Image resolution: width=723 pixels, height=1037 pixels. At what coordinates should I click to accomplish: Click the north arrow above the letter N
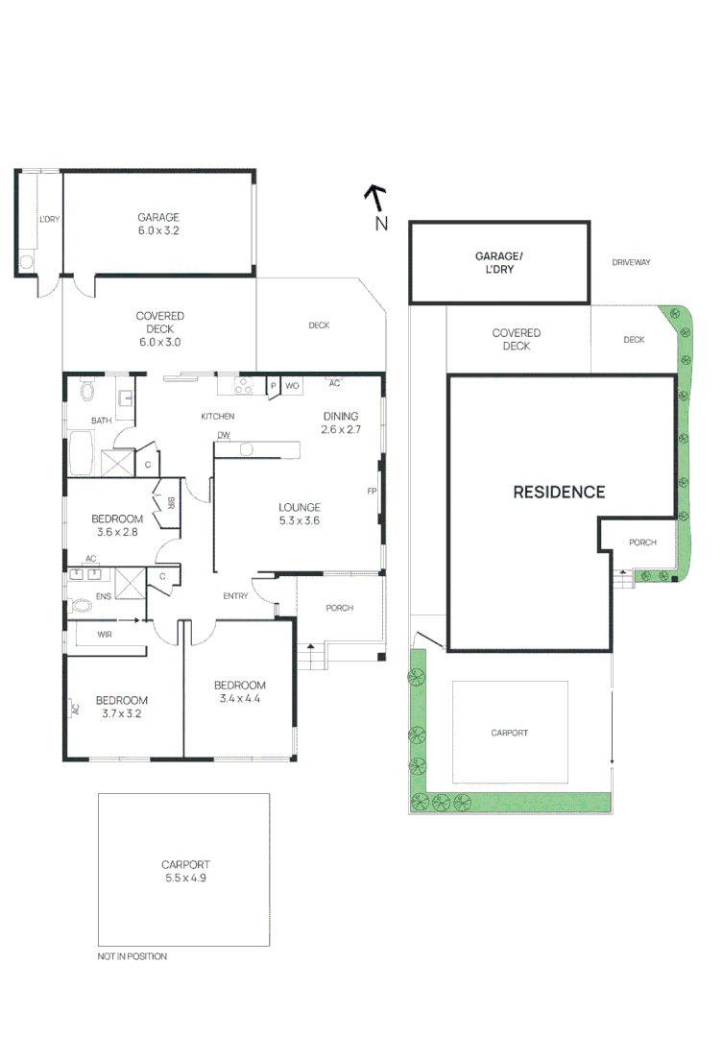(x=375, y=197)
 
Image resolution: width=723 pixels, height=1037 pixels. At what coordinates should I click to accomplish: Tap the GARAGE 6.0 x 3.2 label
(x=158, y=224)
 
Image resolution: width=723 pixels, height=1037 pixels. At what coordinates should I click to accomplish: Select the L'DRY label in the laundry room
(x=49, y=219)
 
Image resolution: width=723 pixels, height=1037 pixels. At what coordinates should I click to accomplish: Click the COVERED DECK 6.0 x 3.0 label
(x=159, y=328)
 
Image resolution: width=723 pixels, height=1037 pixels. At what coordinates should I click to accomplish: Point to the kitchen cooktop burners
(x=244, y=386)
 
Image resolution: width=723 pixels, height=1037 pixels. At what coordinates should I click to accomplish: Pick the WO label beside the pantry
(x=293, y=386)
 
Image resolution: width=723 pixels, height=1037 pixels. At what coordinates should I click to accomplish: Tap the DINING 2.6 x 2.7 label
(x=341, y=422)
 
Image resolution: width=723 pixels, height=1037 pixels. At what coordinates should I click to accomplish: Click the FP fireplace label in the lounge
(x=372, y=492)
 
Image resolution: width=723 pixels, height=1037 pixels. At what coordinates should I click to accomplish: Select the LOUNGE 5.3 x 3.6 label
(x=300, y=514)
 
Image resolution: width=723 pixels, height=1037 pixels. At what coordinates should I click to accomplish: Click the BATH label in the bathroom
(x=101, y=421)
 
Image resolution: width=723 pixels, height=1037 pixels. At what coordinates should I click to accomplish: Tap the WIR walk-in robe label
(x=106, y=635)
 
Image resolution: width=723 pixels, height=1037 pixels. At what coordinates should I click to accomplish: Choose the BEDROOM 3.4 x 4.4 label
(x=239, y=691)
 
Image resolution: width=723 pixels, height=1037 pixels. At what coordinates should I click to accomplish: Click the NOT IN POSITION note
(x=133, y=956)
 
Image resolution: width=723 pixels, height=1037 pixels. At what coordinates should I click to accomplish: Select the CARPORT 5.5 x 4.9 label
(x=185, y=870)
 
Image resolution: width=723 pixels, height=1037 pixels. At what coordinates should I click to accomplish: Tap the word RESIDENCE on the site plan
(x=559, y=492)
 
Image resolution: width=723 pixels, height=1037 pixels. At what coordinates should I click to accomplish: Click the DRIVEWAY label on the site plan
(x=632, y=261)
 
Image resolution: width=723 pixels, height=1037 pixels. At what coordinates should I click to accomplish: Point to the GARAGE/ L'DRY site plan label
(x=499, y=263)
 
